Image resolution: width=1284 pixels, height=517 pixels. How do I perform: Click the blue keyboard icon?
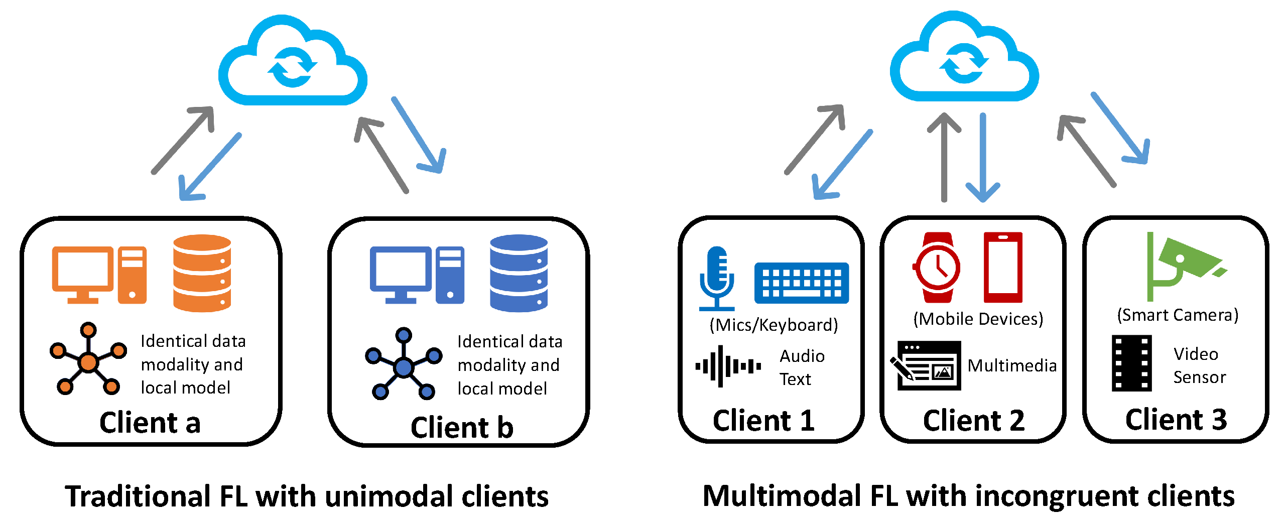point(801,283)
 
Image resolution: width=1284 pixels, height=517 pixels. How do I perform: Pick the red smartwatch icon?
point(936,267)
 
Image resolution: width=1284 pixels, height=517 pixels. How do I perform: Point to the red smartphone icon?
point(1002,267)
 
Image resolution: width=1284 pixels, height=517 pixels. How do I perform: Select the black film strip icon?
point(1131,363)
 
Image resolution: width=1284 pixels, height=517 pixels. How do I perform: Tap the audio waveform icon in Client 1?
point(727,366)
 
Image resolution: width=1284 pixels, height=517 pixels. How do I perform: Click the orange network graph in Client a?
point(88,360)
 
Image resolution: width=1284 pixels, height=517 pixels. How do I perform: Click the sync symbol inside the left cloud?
point(292,67)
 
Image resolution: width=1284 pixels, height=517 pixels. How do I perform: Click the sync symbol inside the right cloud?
point(963,63)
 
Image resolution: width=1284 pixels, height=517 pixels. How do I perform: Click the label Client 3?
point(1176,420)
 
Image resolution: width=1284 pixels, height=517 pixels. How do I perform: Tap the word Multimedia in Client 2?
point(1011,365)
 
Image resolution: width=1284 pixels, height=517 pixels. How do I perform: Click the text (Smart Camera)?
point(1177,315)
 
